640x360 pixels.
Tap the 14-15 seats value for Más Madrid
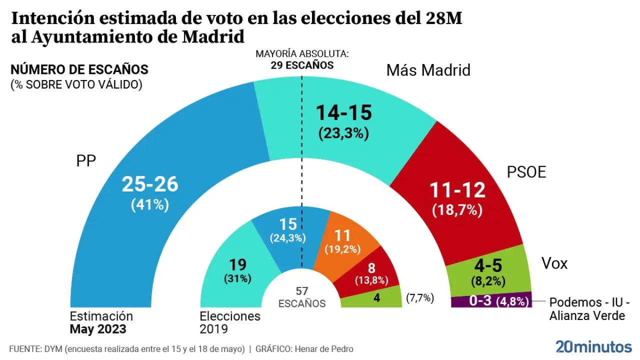click(343, 113)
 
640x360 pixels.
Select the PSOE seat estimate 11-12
click(458, 190)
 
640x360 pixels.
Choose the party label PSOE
click(526, 172)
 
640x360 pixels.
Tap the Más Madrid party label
click(428, 70)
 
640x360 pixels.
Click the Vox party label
click(554, 263)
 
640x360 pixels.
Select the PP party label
click(86, 161)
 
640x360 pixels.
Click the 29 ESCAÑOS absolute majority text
click(302, 65)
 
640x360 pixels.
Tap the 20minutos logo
click(593, 346)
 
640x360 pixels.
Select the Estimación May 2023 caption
click(101, 322)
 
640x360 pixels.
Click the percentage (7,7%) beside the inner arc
click(419, 298)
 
